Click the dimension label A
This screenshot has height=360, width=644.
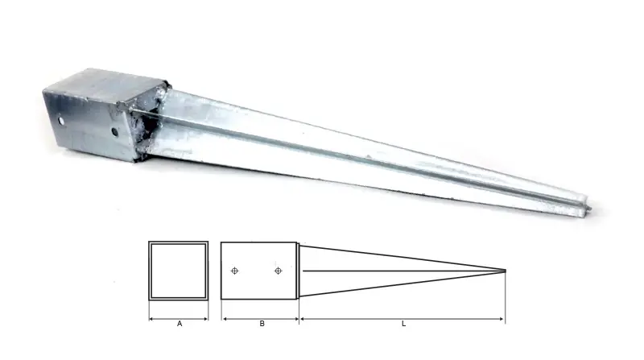pos(180,324)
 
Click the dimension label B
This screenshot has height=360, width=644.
pos(262,324)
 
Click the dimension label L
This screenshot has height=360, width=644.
pos(404,324)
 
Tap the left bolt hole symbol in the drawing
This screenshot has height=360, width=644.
pos(234,271)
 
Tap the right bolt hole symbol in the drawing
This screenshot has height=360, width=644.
pos(278,271)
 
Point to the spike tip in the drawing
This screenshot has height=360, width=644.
pos(506,271)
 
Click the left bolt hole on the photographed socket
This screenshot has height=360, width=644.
pos(61,122)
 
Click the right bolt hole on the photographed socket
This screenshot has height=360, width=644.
pos(114,132)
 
